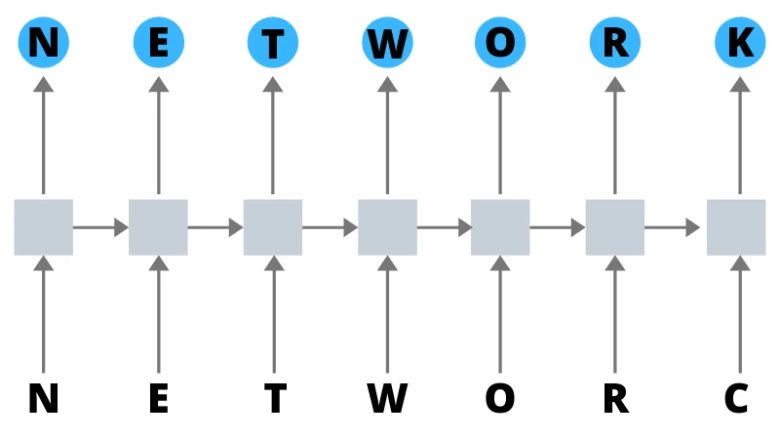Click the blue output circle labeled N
[43, 43]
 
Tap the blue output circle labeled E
[158, 43]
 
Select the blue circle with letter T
[272, 43]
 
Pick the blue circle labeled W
[387, 43]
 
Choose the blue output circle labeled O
[500, 43]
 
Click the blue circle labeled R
[615, 43]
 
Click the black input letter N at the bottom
[43, 398]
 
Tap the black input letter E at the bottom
[158, 398]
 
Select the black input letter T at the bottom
[274, 398]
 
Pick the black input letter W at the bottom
[387, 398]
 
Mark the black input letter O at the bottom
[500, 398]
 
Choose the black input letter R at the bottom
[615, 398]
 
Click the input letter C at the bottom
[736, 398]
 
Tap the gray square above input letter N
[43, 227]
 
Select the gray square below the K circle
[736, 227]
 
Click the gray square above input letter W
[387, 227]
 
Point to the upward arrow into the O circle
[500, 137]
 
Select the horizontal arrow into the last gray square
[673, 227]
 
